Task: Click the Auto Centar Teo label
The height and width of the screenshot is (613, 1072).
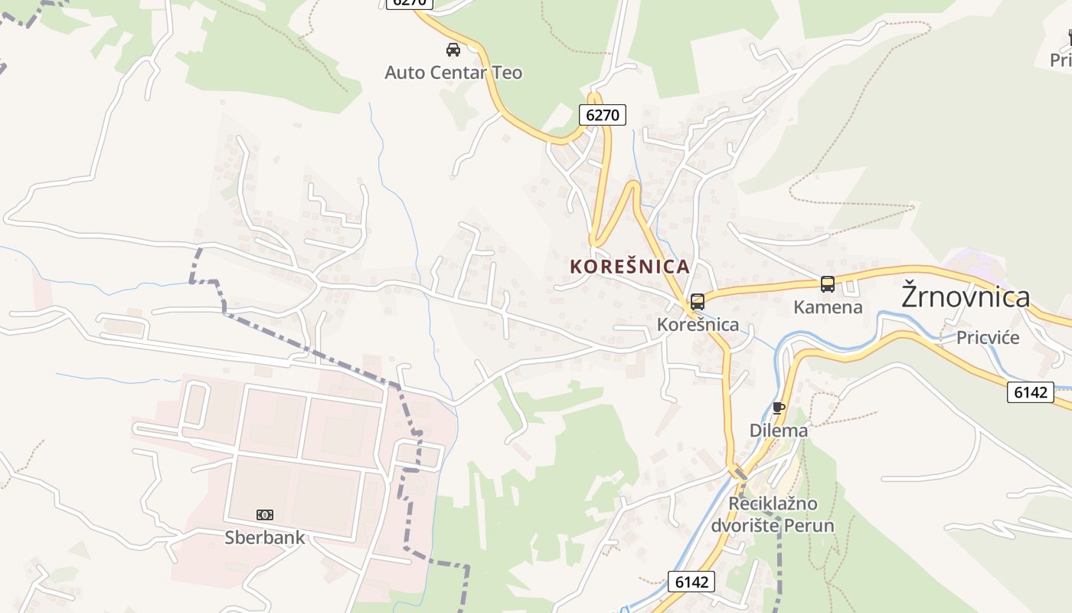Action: [453, 73]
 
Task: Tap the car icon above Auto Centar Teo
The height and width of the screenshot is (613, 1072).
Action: [453, 50]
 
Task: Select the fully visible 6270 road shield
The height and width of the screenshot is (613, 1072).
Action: [603, 116]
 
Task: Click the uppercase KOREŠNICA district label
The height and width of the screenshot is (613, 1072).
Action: [629, 267]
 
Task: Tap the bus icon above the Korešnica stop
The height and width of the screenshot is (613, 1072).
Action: [697, 302]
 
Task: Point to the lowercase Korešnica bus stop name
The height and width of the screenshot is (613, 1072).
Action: [698, 325]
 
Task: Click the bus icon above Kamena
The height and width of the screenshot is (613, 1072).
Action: [828, 284]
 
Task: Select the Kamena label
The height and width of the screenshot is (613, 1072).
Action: [828, 307]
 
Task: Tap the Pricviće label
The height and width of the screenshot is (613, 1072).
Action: [988, 338]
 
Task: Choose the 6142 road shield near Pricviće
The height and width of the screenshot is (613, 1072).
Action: [1030, 392]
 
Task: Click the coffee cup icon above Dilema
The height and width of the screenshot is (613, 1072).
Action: [779, 408]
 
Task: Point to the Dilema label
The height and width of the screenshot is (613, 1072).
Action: [779, 431]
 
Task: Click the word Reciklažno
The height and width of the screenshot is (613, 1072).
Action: [773, 504]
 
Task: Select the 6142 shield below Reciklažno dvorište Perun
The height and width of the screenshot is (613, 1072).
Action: [691, 582]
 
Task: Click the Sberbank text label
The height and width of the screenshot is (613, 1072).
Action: [264, 538]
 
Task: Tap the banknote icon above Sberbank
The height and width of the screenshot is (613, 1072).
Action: [265, 515]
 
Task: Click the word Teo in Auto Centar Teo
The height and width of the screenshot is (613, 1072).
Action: [508, 73]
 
